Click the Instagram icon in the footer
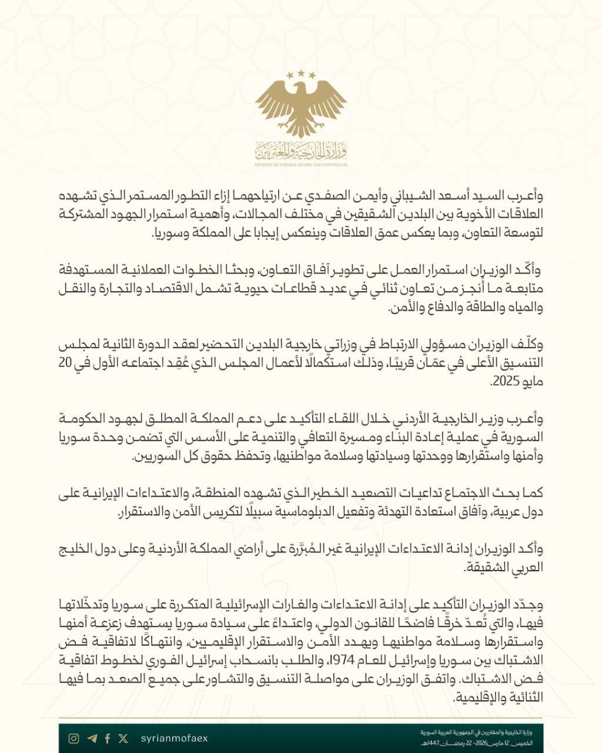click(73, 738)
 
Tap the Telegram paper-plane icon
click(91, 738)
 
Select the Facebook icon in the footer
click(108, 738)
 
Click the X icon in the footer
click(123, 738)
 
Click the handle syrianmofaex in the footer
click(175, 738)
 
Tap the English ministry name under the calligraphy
click(301, 165)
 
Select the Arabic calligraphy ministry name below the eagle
click(301, 152)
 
